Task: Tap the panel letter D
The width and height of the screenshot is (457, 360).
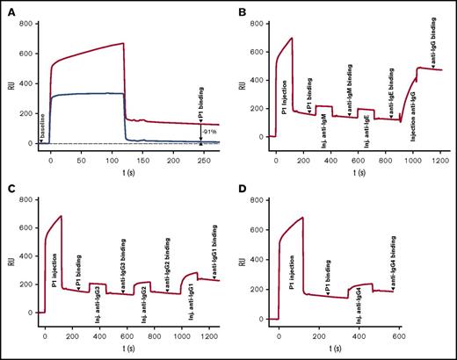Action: click(241, 187)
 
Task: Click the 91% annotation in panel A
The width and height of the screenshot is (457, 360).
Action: click(209, 132)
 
